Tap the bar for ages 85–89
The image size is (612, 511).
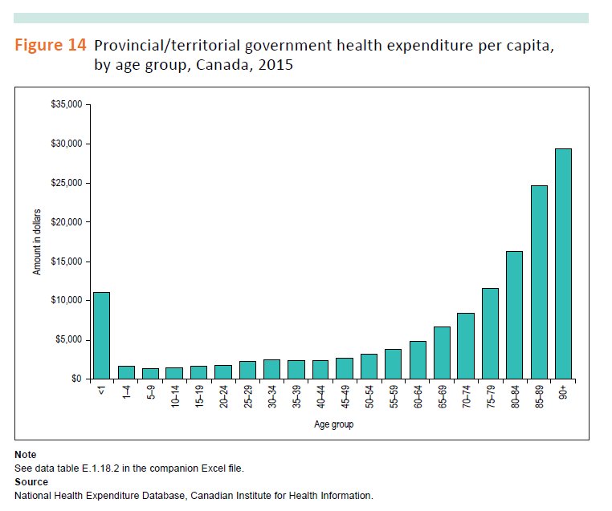(x=538, y=282)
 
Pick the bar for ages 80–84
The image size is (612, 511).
(x=514, y=314)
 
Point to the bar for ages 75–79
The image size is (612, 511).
(x=490, y=333)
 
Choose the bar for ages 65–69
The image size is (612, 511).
(x=441, y=352)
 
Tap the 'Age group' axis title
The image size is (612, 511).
(x=333, y=425)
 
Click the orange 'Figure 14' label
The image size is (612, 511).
(x=51, y=47)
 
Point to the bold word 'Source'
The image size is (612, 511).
(x=31, y=481)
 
